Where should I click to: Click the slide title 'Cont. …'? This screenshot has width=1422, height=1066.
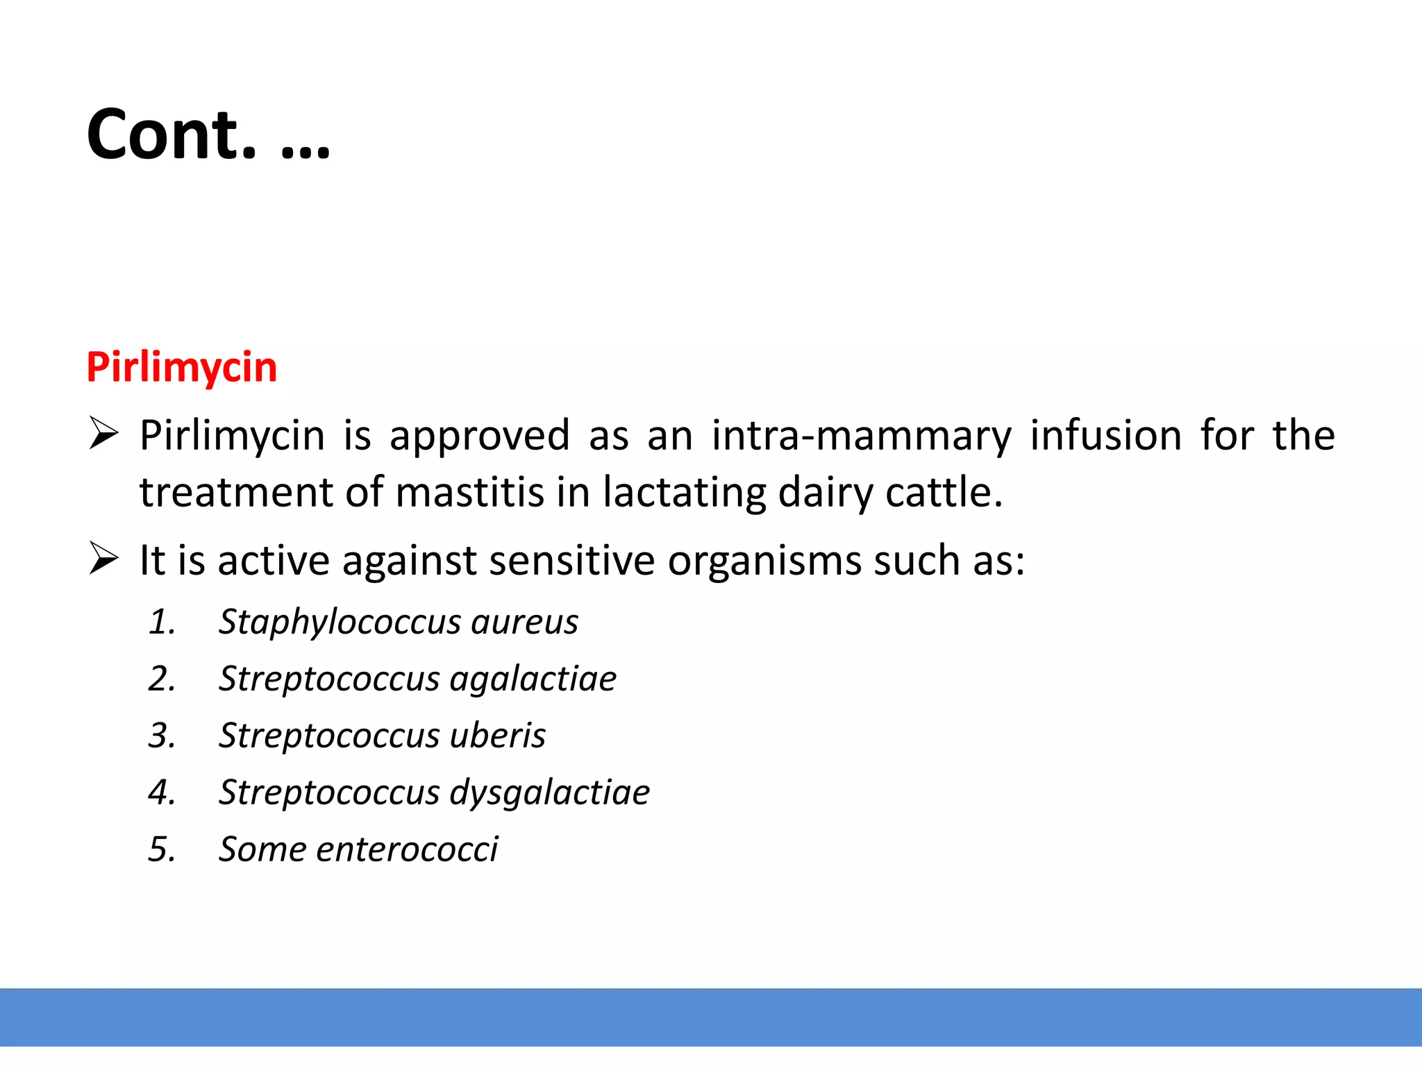208,135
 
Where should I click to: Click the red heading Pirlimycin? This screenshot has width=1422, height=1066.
182,367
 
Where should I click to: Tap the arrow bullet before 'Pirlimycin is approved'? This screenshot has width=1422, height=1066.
103,434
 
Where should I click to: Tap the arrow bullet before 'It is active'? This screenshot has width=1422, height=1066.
103,559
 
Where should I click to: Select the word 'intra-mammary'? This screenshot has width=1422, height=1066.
861,436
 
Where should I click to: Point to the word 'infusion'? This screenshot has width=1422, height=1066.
1105,436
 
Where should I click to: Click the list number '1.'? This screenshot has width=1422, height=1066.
162,622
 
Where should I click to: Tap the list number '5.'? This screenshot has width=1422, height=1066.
162,849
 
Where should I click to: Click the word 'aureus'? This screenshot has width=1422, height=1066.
524,622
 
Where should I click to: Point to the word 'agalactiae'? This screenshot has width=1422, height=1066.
533,679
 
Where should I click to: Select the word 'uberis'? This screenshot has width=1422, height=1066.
497,736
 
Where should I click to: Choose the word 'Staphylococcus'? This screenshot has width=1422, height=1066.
340,623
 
